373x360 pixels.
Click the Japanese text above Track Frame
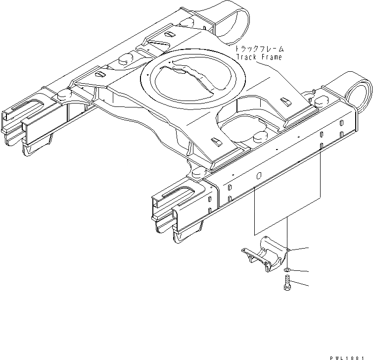(x=260, y=49)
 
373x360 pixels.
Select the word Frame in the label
(x=272, y=57)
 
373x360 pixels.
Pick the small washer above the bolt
(x=287, y=270)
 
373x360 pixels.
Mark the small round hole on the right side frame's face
(x=258, y=174)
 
